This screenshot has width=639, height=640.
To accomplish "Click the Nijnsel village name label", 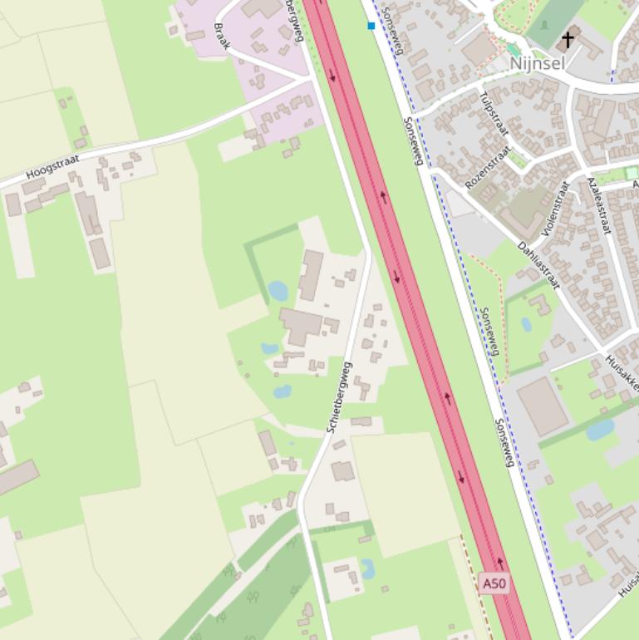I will (537, 63).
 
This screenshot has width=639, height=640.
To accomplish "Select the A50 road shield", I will (494, 583).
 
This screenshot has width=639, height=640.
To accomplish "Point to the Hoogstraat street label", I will (52, 165).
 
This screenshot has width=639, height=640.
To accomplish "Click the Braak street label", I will (221, 37).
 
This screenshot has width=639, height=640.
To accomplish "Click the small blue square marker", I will (371, 26).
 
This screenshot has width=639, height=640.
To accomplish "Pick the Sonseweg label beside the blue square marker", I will (393, 31).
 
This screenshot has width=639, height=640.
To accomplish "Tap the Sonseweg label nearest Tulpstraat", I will (413, 140).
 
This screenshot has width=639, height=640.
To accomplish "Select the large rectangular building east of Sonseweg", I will (543, 406).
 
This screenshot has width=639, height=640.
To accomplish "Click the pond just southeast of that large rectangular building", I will (600, 429).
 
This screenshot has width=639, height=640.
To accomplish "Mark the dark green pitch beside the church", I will (553, 20).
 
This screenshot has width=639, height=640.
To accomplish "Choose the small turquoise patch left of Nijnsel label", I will (514, 50).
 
